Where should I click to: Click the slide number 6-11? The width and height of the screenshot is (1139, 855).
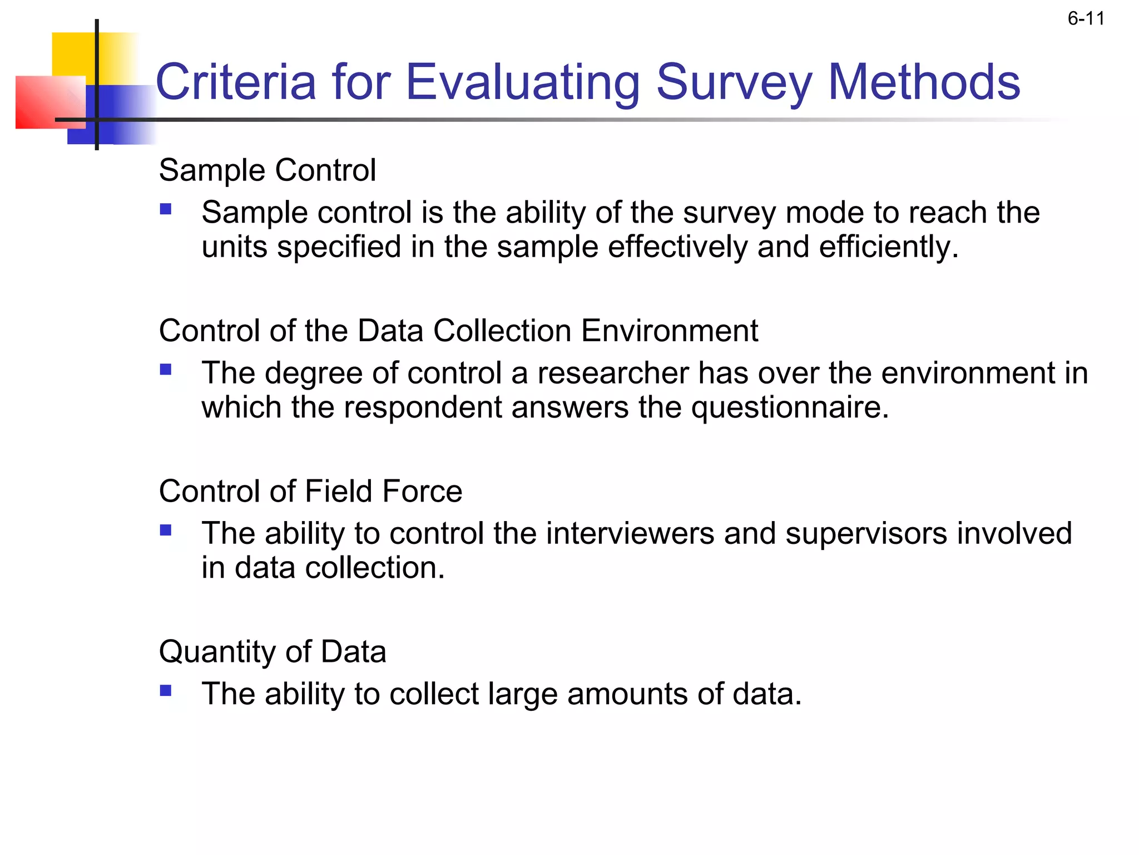tap(1086, 19)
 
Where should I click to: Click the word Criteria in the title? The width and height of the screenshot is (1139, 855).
tap(236, 82)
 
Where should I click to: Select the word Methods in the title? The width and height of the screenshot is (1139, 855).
tap(924, 82)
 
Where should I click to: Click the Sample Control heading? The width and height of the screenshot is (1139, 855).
tap(268, 170)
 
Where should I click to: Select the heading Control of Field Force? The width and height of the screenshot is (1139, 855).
tap(310, 491)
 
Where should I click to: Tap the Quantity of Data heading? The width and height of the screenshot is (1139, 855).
tap(273, 651)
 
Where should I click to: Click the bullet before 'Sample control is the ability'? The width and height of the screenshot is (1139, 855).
tap(166, 209)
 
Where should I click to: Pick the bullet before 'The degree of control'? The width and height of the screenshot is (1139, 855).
tap(166, 370)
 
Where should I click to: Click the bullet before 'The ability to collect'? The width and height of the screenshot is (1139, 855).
tap(166, 691)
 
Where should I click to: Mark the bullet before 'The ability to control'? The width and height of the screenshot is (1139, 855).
tap(166, 530)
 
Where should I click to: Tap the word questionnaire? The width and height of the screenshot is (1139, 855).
tap(790, 407)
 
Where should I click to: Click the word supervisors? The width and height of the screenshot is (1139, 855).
tap(865, 533)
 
